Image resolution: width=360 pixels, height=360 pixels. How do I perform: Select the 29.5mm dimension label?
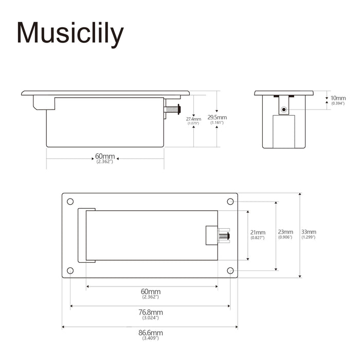(217, 118)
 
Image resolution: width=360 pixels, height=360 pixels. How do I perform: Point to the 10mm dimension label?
(338, 98)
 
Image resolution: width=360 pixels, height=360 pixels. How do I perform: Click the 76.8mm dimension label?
(150, 312)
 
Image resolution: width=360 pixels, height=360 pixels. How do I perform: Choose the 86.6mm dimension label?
(150, 333)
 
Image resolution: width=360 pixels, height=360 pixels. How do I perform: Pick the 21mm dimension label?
(258, 232)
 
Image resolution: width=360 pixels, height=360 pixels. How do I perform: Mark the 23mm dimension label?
(285, 232)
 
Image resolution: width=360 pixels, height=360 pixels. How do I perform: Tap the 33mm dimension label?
(309, 232)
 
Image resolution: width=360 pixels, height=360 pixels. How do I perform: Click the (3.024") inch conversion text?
(150, 318)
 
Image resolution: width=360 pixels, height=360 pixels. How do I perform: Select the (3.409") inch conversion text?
(150, 338)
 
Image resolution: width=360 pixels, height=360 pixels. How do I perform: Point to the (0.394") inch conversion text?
(338, 103)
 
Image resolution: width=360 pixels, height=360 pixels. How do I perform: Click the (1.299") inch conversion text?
(309, 237)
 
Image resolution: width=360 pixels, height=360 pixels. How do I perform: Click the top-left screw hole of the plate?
(70, 201)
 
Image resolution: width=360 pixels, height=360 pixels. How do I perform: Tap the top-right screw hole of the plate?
(230, 201)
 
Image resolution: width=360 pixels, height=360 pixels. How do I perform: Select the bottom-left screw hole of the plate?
(70, 271)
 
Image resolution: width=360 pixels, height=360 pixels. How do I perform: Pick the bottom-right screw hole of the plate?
(230, 271)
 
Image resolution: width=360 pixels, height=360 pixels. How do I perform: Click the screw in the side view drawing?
(173, 109)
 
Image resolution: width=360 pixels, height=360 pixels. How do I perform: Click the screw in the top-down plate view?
(224, 236)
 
